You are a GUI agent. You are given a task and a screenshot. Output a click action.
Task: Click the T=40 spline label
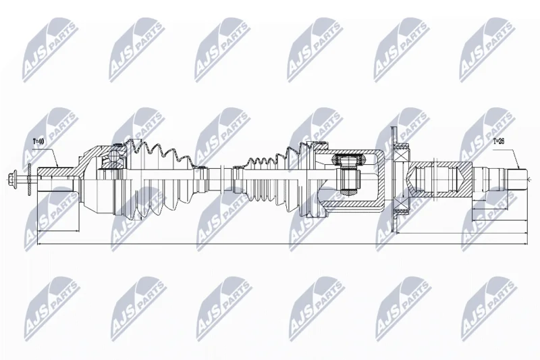coord(39,141)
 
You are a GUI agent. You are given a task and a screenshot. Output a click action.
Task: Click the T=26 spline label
coord(498,141)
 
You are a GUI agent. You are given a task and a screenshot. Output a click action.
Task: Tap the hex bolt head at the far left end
coord(12,178)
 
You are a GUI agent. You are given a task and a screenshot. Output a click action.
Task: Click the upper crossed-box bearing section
coord(401,151)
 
